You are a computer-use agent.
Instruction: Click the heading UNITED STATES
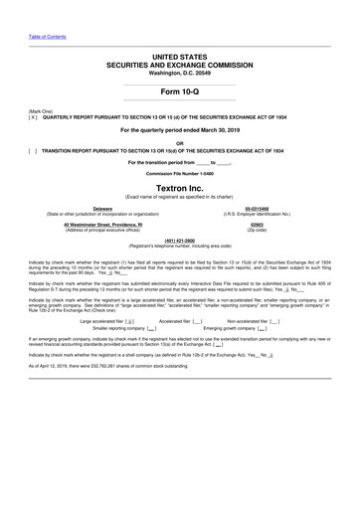coord(179,59)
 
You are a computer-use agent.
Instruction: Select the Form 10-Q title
coord(179,90)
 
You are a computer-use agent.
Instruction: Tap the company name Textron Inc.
coord(179,186)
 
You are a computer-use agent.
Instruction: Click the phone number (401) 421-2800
coord(179,240)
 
